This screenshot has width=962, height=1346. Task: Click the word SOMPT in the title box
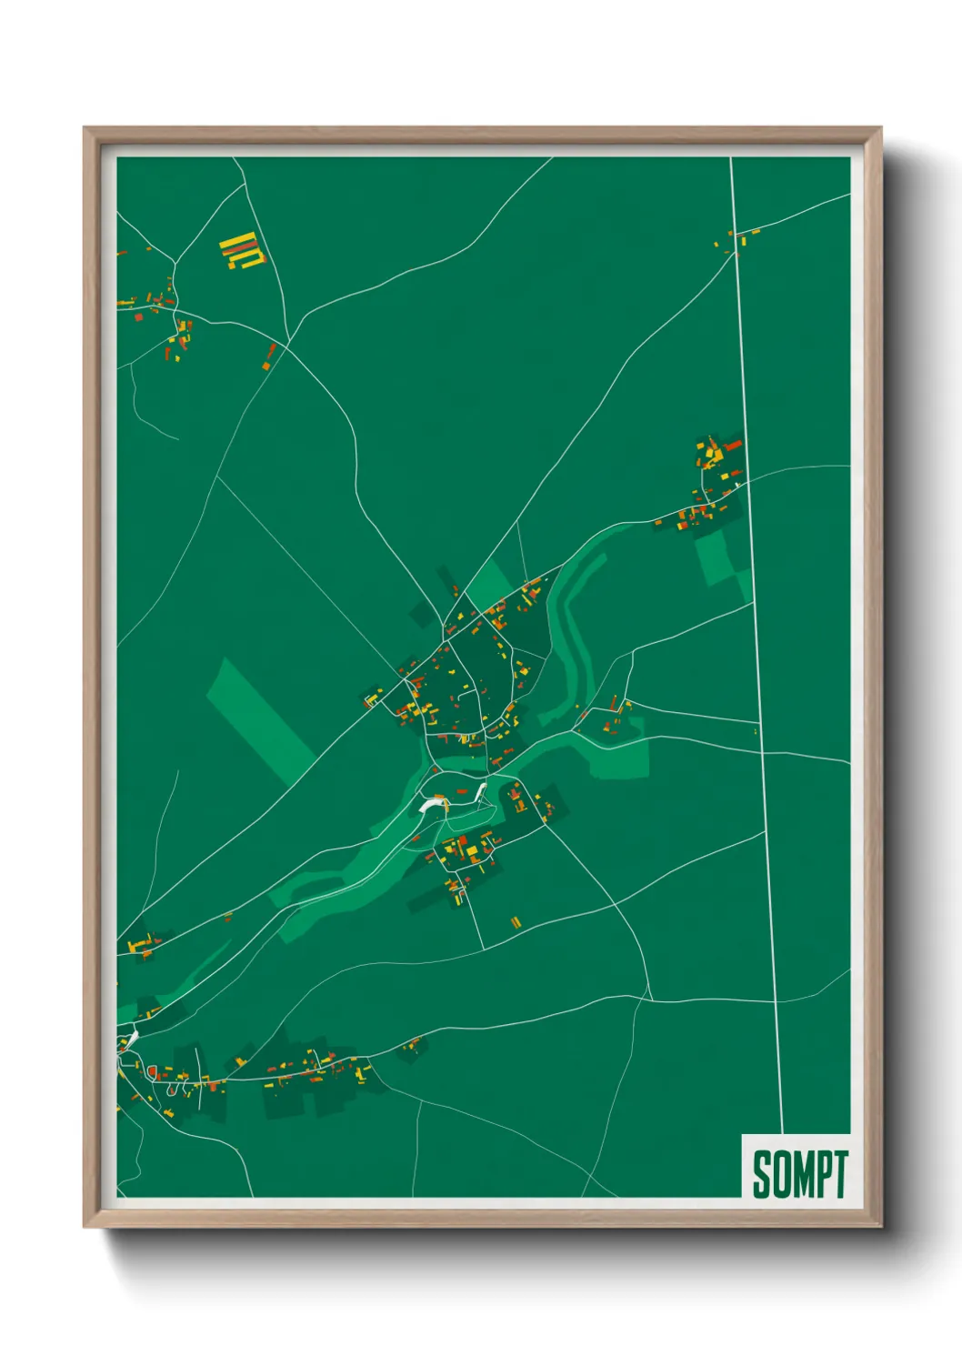799,1173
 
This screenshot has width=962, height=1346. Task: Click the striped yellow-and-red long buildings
243,250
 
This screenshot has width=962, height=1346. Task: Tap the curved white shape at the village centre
433,803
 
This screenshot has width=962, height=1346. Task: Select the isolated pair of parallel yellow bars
516,922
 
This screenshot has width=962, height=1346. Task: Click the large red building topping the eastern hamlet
732,446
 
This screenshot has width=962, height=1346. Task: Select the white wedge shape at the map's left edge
131,1036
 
